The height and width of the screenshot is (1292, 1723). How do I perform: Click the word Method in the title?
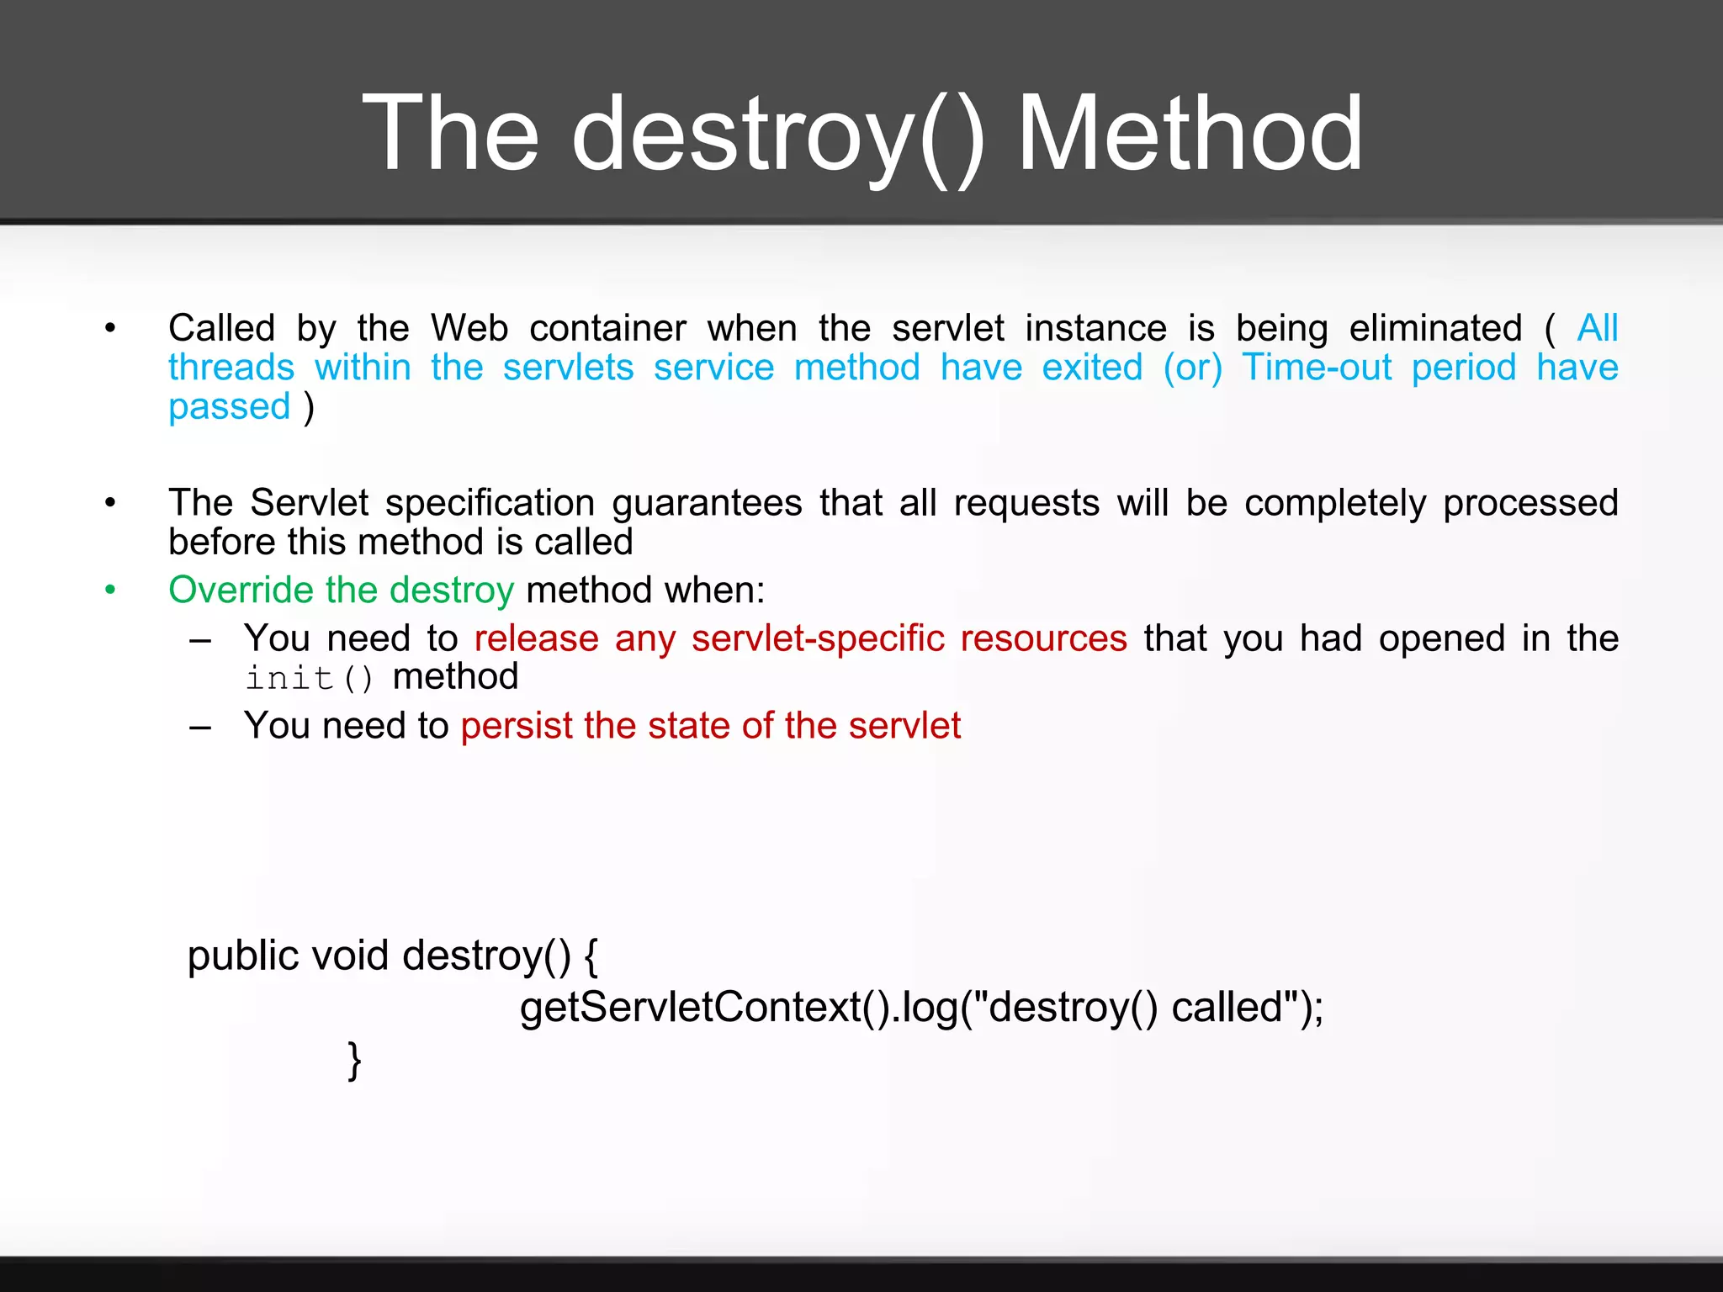click(x=1190, y=135)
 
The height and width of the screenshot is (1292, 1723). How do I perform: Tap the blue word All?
click(x=1597, y=328)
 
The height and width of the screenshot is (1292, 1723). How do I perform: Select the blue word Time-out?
click(x=1317, y=368)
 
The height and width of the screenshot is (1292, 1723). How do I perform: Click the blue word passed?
click(x=229, y=407)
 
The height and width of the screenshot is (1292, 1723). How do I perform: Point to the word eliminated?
click(x=1435, y=328)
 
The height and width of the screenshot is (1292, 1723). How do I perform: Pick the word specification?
click(x=490, y=503)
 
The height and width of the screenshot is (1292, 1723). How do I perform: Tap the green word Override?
click(x=241, y=590)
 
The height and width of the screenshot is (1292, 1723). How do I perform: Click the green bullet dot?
click(x=110, y=590)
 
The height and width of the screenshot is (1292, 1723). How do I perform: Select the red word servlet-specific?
click(x=818, y=638)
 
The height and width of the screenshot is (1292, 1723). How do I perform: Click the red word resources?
click(x=1043, y=638)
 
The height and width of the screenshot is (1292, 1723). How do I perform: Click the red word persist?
click(x=517, y=725)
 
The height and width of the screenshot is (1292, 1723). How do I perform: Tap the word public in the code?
click(x=242, y=956)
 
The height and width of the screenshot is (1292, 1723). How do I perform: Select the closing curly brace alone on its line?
click(x=354, y=1060)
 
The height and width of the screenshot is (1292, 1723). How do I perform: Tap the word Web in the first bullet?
click(x=469, y=328)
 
